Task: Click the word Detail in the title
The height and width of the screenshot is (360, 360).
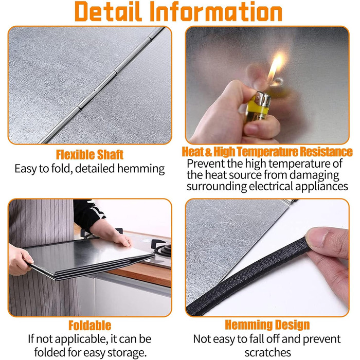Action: [x=107, y=11]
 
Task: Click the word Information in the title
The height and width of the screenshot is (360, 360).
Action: [x=216, y=11]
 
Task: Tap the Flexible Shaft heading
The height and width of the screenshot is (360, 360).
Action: [x=90, y=154]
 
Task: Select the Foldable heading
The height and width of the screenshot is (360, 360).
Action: [x=90, y=326]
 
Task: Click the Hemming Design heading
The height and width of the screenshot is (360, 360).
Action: [x=267, y=325]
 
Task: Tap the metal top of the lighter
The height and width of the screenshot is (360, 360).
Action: [x=263, y=99]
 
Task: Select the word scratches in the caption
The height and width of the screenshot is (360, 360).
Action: [x=268, y=352]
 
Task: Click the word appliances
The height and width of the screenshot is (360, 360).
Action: [x=321, y=186]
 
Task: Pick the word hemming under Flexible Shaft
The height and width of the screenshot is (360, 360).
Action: [x=141, y=169]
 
